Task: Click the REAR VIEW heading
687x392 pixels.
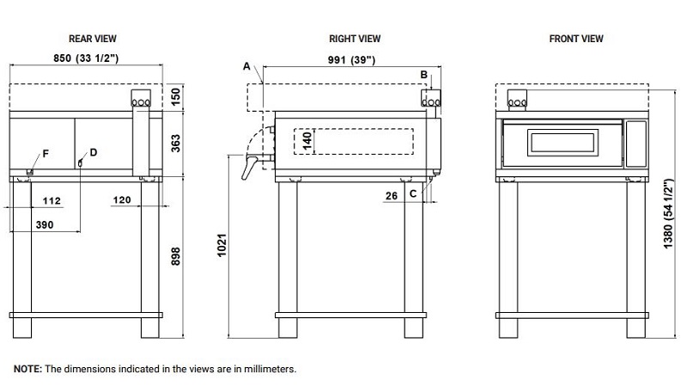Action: coord(93,39)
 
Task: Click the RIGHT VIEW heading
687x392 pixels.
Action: coord(355,39)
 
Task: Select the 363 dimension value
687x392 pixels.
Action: coord(176,143)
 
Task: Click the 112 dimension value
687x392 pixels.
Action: coord(52,200)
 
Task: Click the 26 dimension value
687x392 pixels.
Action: coord(392,195)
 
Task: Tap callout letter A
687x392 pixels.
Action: coord(246,66)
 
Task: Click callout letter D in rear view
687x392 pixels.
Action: coord(93,152)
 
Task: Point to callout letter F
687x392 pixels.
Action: coord(46,153)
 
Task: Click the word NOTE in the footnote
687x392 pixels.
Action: coord(27,369)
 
